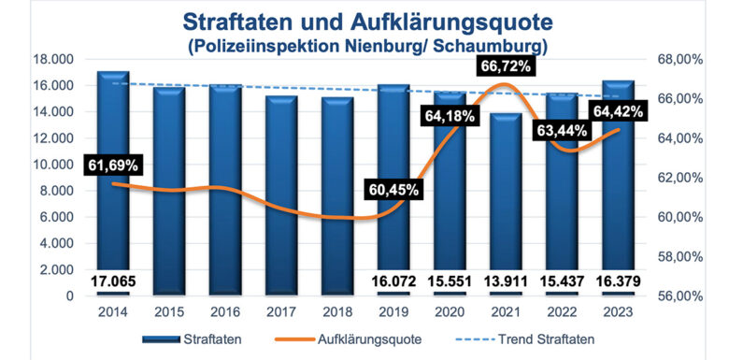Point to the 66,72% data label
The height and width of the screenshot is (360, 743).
pyautogui.click(x=506, y=66)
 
